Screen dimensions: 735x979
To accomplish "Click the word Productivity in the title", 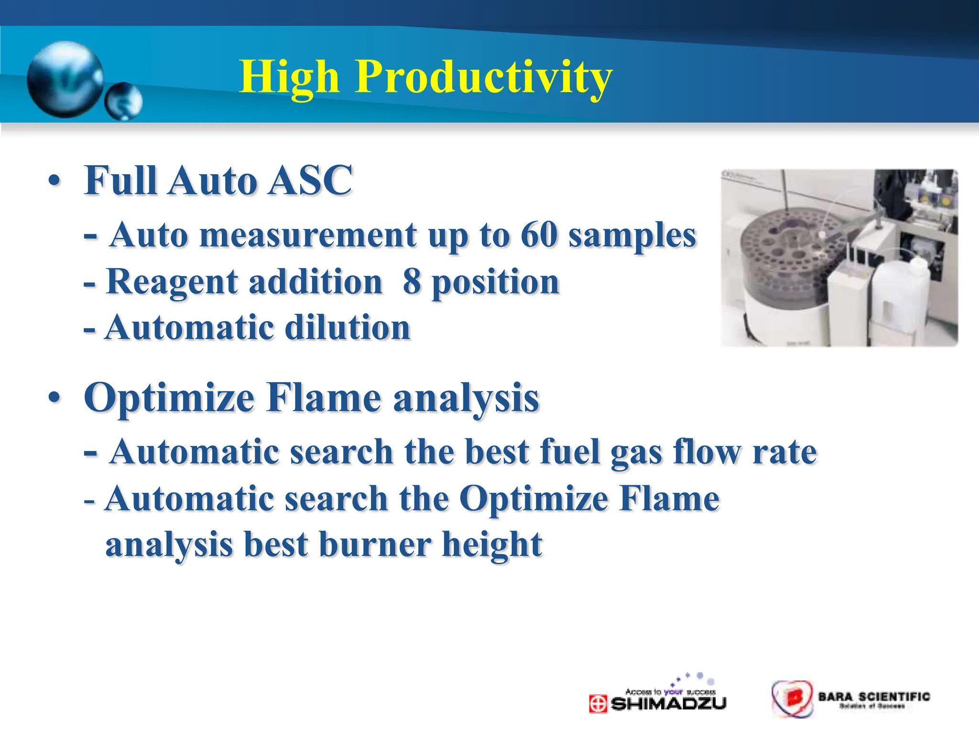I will pyautogui.click(x=483, y=78).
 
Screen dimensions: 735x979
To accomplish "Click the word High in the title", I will pyautogui.click(x=289, y=78).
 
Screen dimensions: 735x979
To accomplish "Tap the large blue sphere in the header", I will pyautogui.click(x=65, y=79).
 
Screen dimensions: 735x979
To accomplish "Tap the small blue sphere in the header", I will pyautogui.click(x=123, y=101).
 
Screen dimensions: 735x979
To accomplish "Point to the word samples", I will pyautogui.click(x=632, y=236).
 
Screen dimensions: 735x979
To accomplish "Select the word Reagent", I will pyautogui.click(x=172, y=282).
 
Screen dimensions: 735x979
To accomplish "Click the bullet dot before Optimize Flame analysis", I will pyautogui.click(x=54, y=398).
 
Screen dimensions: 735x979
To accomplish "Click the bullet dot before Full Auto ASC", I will pyautogui.click(x=54, y=181).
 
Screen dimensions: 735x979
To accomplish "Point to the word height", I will pyautogui.click(x=492, y=545).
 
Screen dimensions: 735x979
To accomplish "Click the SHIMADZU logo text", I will pyautogui.click(x=668, y=703).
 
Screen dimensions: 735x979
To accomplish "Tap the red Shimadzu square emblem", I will pyautogui.click(x=598, y=704).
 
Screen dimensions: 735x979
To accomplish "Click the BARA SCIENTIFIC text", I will pyautogui.click(x=874, y=696).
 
